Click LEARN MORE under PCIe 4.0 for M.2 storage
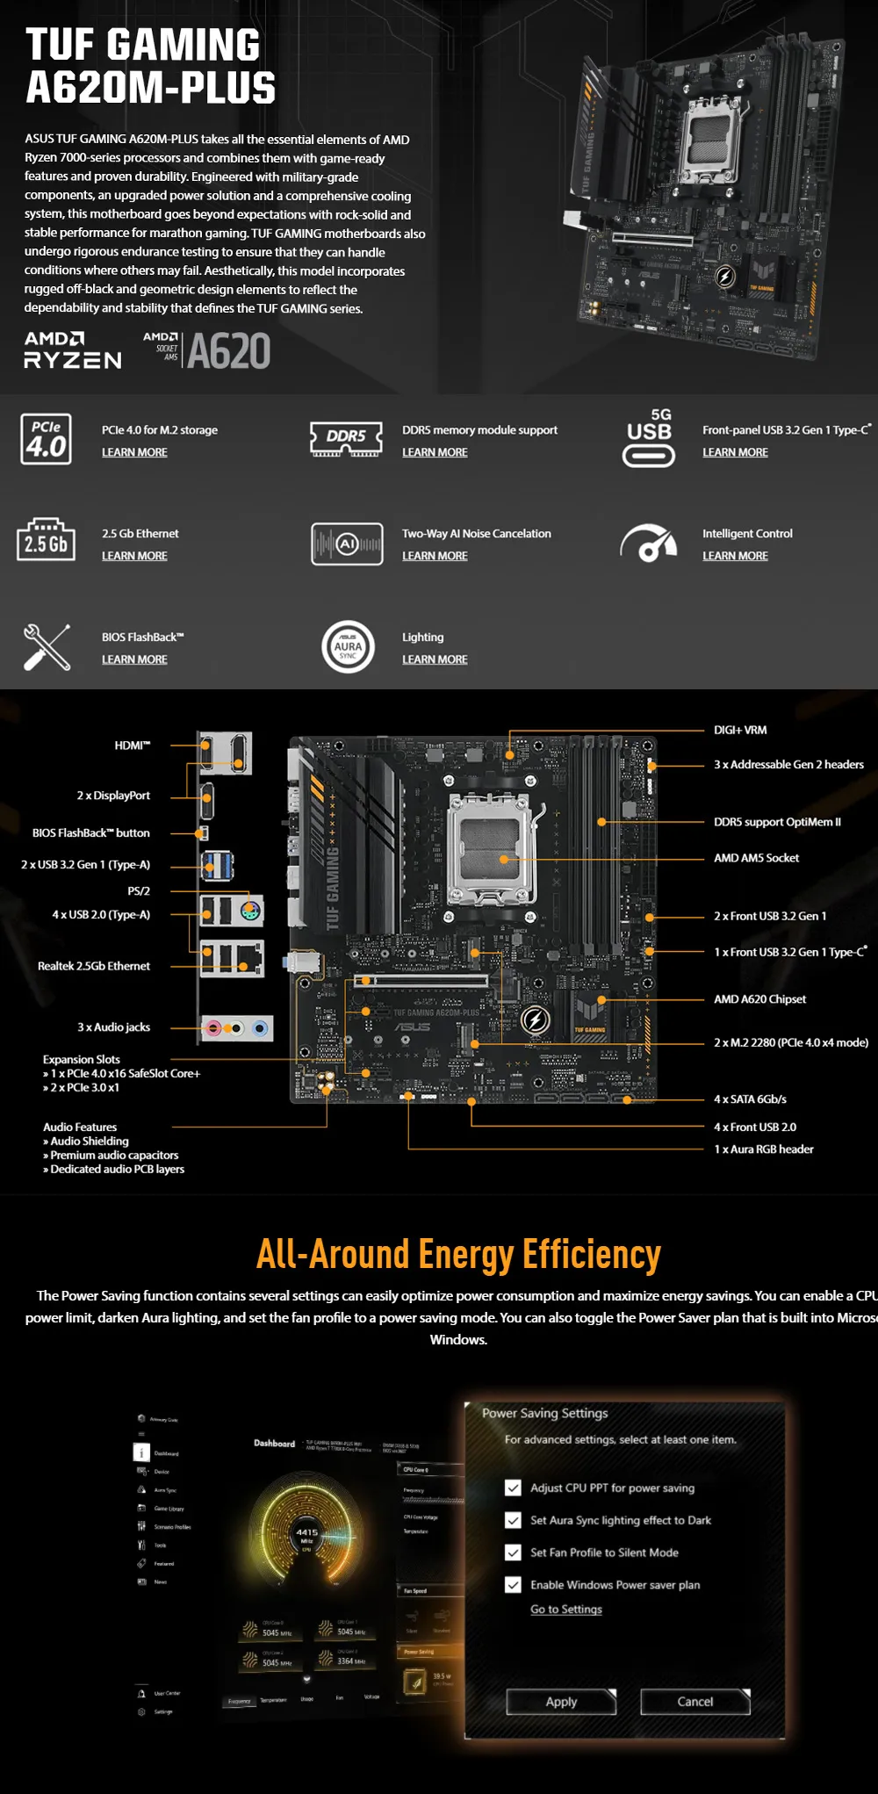tap(134, 452)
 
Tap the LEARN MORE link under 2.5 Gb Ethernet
tap(134, 556)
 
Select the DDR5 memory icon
tap(347, 438)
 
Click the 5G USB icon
tap(649, 438)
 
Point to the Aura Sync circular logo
tap(348, 647)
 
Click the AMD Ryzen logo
tap(72, 349)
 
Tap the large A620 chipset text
tap(228, 351)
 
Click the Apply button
tap(561, 1701)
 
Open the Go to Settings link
tap(566, 1609)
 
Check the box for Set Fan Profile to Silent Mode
tap(514, 1553)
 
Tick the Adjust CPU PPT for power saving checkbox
tap(514, 1488)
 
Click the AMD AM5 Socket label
tap(756, 858)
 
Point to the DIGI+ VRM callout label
tap(740, 730)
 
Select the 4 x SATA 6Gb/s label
tap(750, 1099)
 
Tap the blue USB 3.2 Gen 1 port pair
tap(217, 865)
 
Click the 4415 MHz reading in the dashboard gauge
tap(306, 1532)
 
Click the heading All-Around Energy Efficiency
tap(458, 1254)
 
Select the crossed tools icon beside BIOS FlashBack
tap(47, 647)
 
